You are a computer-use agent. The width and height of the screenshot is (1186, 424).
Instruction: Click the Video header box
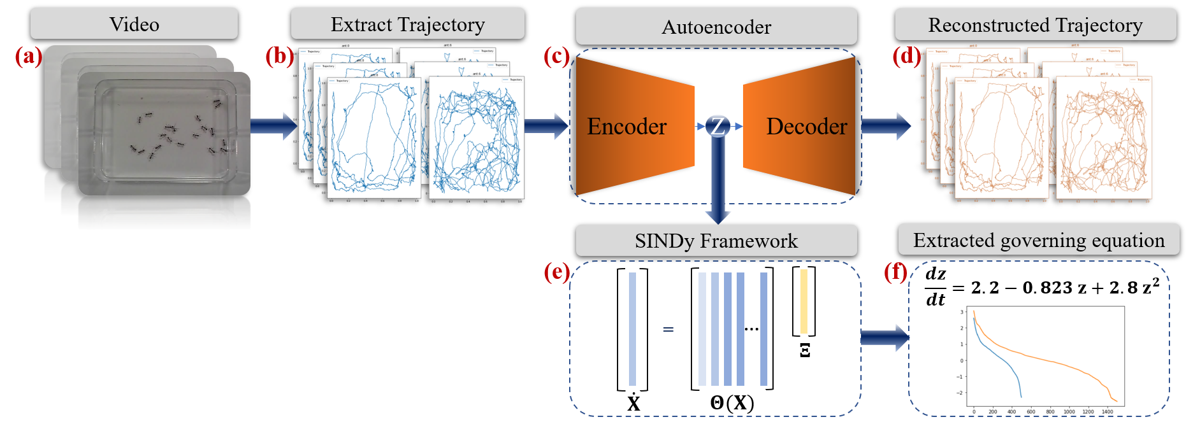[x=134, y=24]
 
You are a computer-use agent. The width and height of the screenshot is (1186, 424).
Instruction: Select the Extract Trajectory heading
[x=407, y=24]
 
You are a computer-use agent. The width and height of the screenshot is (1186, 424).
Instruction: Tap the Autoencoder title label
[x=716, y=26]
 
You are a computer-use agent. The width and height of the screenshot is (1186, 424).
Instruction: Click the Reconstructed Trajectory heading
[x=1035, y=24]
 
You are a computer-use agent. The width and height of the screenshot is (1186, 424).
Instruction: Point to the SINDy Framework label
[x=716, y=240]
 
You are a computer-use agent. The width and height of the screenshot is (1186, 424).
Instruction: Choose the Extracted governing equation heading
[x=1038, y=239]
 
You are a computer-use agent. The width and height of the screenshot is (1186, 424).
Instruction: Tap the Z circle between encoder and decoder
[x=718, y=126]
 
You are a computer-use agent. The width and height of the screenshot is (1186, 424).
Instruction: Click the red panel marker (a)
[x=28, y=57]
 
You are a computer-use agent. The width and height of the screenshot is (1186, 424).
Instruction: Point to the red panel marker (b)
[x=279, y=57]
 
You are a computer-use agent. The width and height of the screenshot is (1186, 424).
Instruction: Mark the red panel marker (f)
[x=896, y=272]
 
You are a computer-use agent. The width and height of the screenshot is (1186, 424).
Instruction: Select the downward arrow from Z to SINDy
[x=718, y=185]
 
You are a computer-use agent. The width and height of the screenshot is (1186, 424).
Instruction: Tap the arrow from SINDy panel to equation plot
[x=885, y=337]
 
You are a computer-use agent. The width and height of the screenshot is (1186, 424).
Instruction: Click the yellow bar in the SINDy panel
[x=804, y=301]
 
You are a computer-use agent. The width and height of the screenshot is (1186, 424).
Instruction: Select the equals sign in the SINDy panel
[x=669, y=329]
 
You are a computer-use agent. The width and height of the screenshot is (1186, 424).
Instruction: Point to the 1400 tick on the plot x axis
[x=1108, y=412]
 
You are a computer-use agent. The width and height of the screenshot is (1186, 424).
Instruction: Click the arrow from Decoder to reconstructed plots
[x=886, y=125]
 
